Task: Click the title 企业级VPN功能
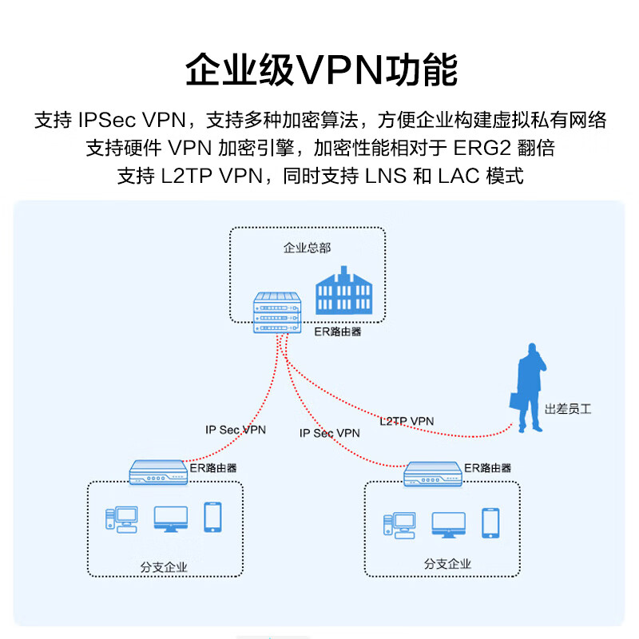click(x=321, y=70)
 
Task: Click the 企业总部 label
click(x=307, y=248)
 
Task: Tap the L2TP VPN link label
click(x=407, y=421)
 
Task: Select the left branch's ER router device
click(x=157, y=471)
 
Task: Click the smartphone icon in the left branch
click(x=212, y=517)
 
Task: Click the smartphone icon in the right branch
click(x=490, y=522)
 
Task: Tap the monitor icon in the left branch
click(x=171, y=519)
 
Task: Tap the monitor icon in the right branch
click(x=448, y=525)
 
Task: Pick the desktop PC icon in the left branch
click(x=120, y=519)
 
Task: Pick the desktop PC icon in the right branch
click(x=398, y=525)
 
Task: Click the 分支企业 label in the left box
click(x=164, y=568)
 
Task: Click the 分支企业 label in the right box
click(x=447, y=564)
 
